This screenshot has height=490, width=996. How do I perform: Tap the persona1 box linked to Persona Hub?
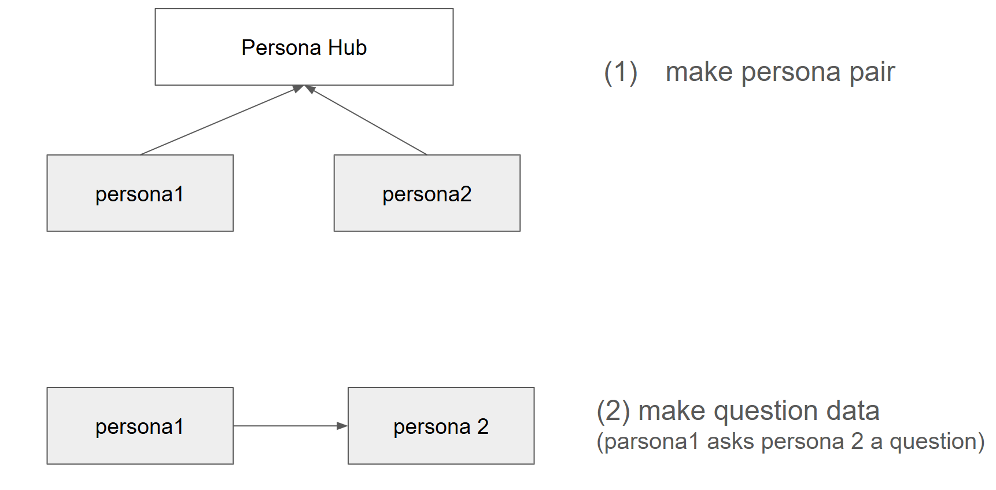tap(140, 193)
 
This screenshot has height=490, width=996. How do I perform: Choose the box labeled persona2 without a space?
tap(427, 193)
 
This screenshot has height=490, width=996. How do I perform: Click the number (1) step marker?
tap(621, 72)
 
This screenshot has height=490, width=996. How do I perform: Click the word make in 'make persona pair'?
tap(699, 72)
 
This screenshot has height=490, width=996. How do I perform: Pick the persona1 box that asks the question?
tap(140, 426)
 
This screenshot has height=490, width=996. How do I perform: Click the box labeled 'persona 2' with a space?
tap(441, 426)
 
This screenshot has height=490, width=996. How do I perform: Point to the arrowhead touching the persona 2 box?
tap(342, 426)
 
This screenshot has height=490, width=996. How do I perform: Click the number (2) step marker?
tap(613, 411)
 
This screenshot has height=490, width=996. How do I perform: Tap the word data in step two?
tap(853, 411)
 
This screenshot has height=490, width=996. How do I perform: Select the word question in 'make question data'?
tap(767, 411)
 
